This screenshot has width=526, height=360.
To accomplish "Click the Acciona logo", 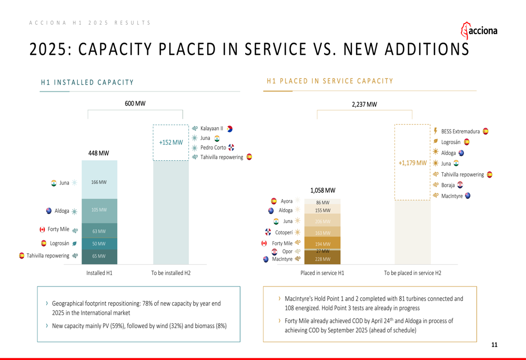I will pyautogui.click(x=479, y=30).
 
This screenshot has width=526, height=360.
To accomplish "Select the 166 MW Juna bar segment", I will pyautogui.click(x=99, y=182).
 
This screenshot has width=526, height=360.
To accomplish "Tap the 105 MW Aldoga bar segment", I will pyautogui.click(x=99, y=210).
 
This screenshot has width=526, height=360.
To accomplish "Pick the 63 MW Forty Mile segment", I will pyautogui.click(x=99, y=231).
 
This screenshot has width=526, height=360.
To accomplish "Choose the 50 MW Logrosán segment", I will pyautogui.click(x=99, y=244).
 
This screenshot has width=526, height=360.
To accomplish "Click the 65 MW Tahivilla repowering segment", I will pyautogui.click(x=99, y=256).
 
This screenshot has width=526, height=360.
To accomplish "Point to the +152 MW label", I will pyautogui.click(x=171, y=142).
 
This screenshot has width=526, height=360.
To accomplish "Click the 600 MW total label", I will pyautogui.click(x=135, y=104).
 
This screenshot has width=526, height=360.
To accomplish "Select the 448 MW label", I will pyautogui.click(x=99, y=153).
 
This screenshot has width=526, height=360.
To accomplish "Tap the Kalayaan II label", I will pyautogui.click(x=211, y=128).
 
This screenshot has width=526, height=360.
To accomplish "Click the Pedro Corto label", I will pyautogui.click(x=213, y=148).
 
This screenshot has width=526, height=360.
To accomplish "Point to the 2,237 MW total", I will pyautogui.click(x=364, y=105).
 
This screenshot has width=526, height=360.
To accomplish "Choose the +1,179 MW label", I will pyautogui.click(x=412, y=163).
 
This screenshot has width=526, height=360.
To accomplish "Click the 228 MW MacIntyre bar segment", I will pyautogui.click(x=322, y=259).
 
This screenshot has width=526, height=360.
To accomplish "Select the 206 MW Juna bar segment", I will pyautogui.click(x=322, y=222).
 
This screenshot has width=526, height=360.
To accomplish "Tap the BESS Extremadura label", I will pyautogui.click(x=460, y=131).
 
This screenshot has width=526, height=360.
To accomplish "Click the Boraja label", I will pyautogui.click(x=448, y=185).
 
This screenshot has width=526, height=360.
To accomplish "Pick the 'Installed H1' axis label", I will pyautogui.click(x=99, y=273).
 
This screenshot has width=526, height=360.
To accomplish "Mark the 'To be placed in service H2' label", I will pyautogui.click(x=412, y=273).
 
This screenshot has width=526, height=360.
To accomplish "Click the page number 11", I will pyautogui.click(x=494, y=345).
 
